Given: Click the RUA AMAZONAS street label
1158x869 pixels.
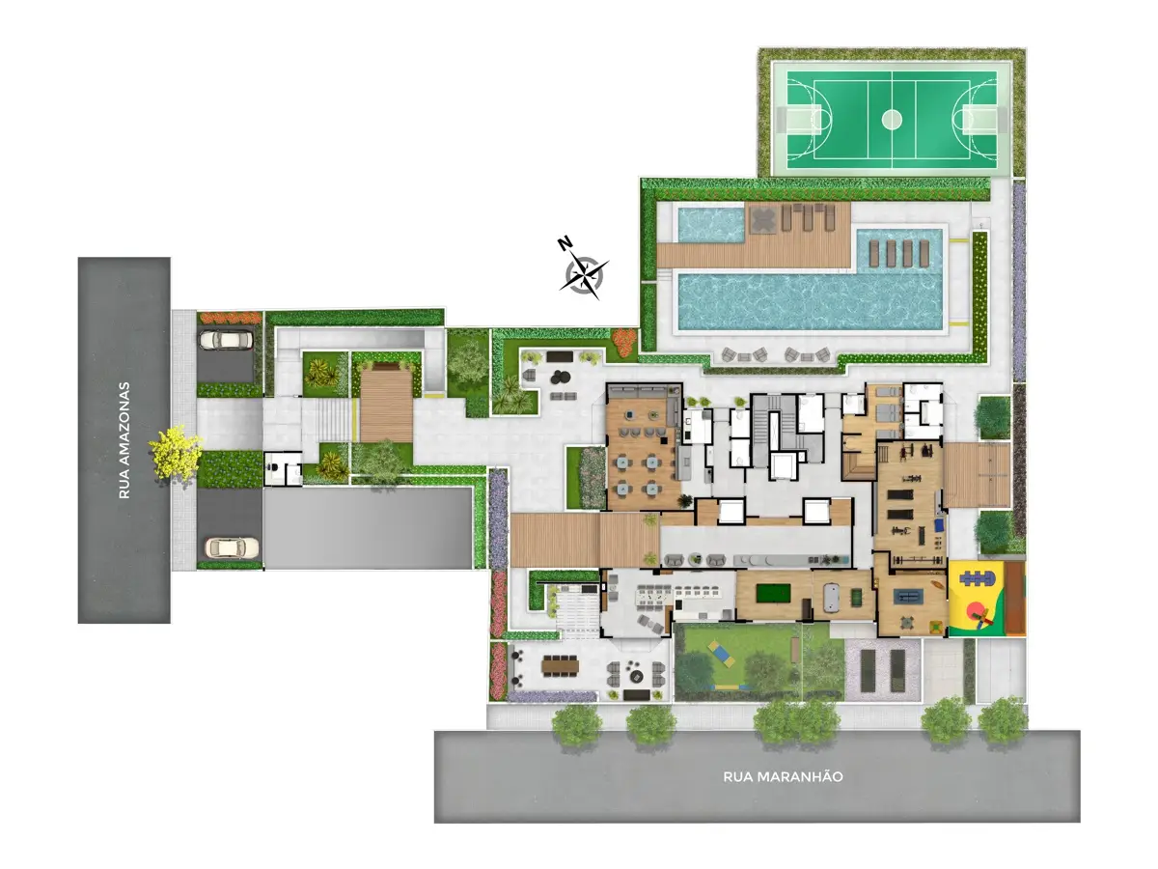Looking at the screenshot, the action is tap(124, 440).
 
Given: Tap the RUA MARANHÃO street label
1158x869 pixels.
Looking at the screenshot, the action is tap(783, 776).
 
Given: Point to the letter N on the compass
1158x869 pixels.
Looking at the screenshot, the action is tap(565, 243).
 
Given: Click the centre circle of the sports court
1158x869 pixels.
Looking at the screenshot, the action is tap(892, 120).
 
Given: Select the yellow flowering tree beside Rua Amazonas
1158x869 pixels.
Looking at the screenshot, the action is tap(176, 453).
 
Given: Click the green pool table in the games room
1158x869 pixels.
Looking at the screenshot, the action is tap(773, 593).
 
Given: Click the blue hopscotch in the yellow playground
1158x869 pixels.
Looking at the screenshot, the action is tap(975, 578).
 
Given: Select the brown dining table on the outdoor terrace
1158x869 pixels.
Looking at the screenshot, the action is tap(560, 665).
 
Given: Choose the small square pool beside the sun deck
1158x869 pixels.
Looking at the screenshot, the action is tap(710, 225).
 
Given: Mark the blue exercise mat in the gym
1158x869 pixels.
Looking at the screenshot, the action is tap(940, 525).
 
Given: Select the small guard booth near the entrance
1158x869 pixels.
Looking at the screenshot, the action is tap(283, 468).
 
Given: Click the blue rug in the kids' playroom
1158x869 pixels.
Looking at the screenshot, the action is tap(907, 597).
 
